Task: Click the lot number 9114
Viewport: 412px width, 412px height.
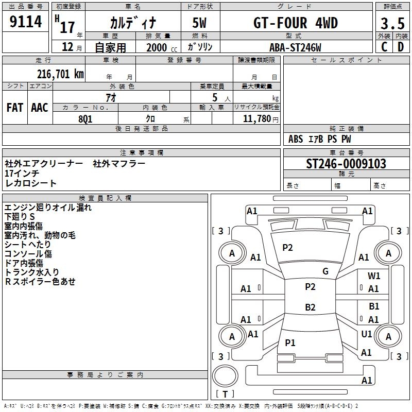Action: click(26, 22)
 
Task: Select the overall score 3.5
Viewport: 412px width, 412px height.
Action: click(392, 24)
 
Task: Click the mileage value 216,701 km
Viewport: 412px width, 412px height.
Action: click(60, 74)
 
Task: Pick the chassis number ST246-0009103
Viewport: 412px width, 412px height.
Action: click(346, 164)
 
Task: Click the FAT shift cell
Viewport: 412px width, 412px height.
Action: click(15, 107)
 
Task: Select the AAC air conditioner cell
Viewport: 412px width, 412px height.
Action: click(40, 107)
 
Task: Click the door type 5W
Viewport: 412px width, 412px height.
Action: click(200, 23)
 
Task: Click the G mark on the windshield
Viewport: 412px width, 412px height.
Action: click(325, 271)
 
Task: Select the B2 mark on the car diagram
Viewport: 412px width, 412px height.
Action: click(310, 307)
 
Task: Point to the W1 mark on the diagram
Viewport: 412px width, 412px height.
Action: click(374, 276)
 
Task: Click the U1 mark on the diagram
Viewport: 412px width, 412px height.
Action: click(367, 334)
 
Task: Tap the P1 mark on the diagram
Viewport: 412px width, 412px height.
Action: click(290, 342)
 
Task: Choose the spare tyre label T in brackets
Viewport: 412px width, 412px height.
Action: click(225, 394)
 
